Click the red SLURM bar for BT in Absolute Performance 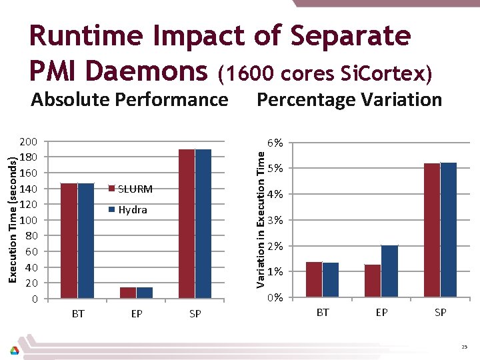coord(69,240)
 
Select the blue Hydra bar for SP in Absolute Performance coord(203,223)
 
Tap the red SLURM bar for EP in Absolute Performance coord(127,292)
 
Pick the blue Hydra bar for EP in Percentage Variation coord(389,271)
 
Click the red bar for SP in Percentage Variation coord(432,229)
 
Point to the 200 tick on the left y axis coord(29,142)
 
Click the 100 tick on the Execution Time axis coord(29,220)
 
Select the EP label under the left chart coord(137,313)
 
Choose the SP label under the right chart coord(440,312)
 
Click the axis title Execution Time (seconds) coord(11,219)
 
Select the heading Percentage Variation coord(349,100)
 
